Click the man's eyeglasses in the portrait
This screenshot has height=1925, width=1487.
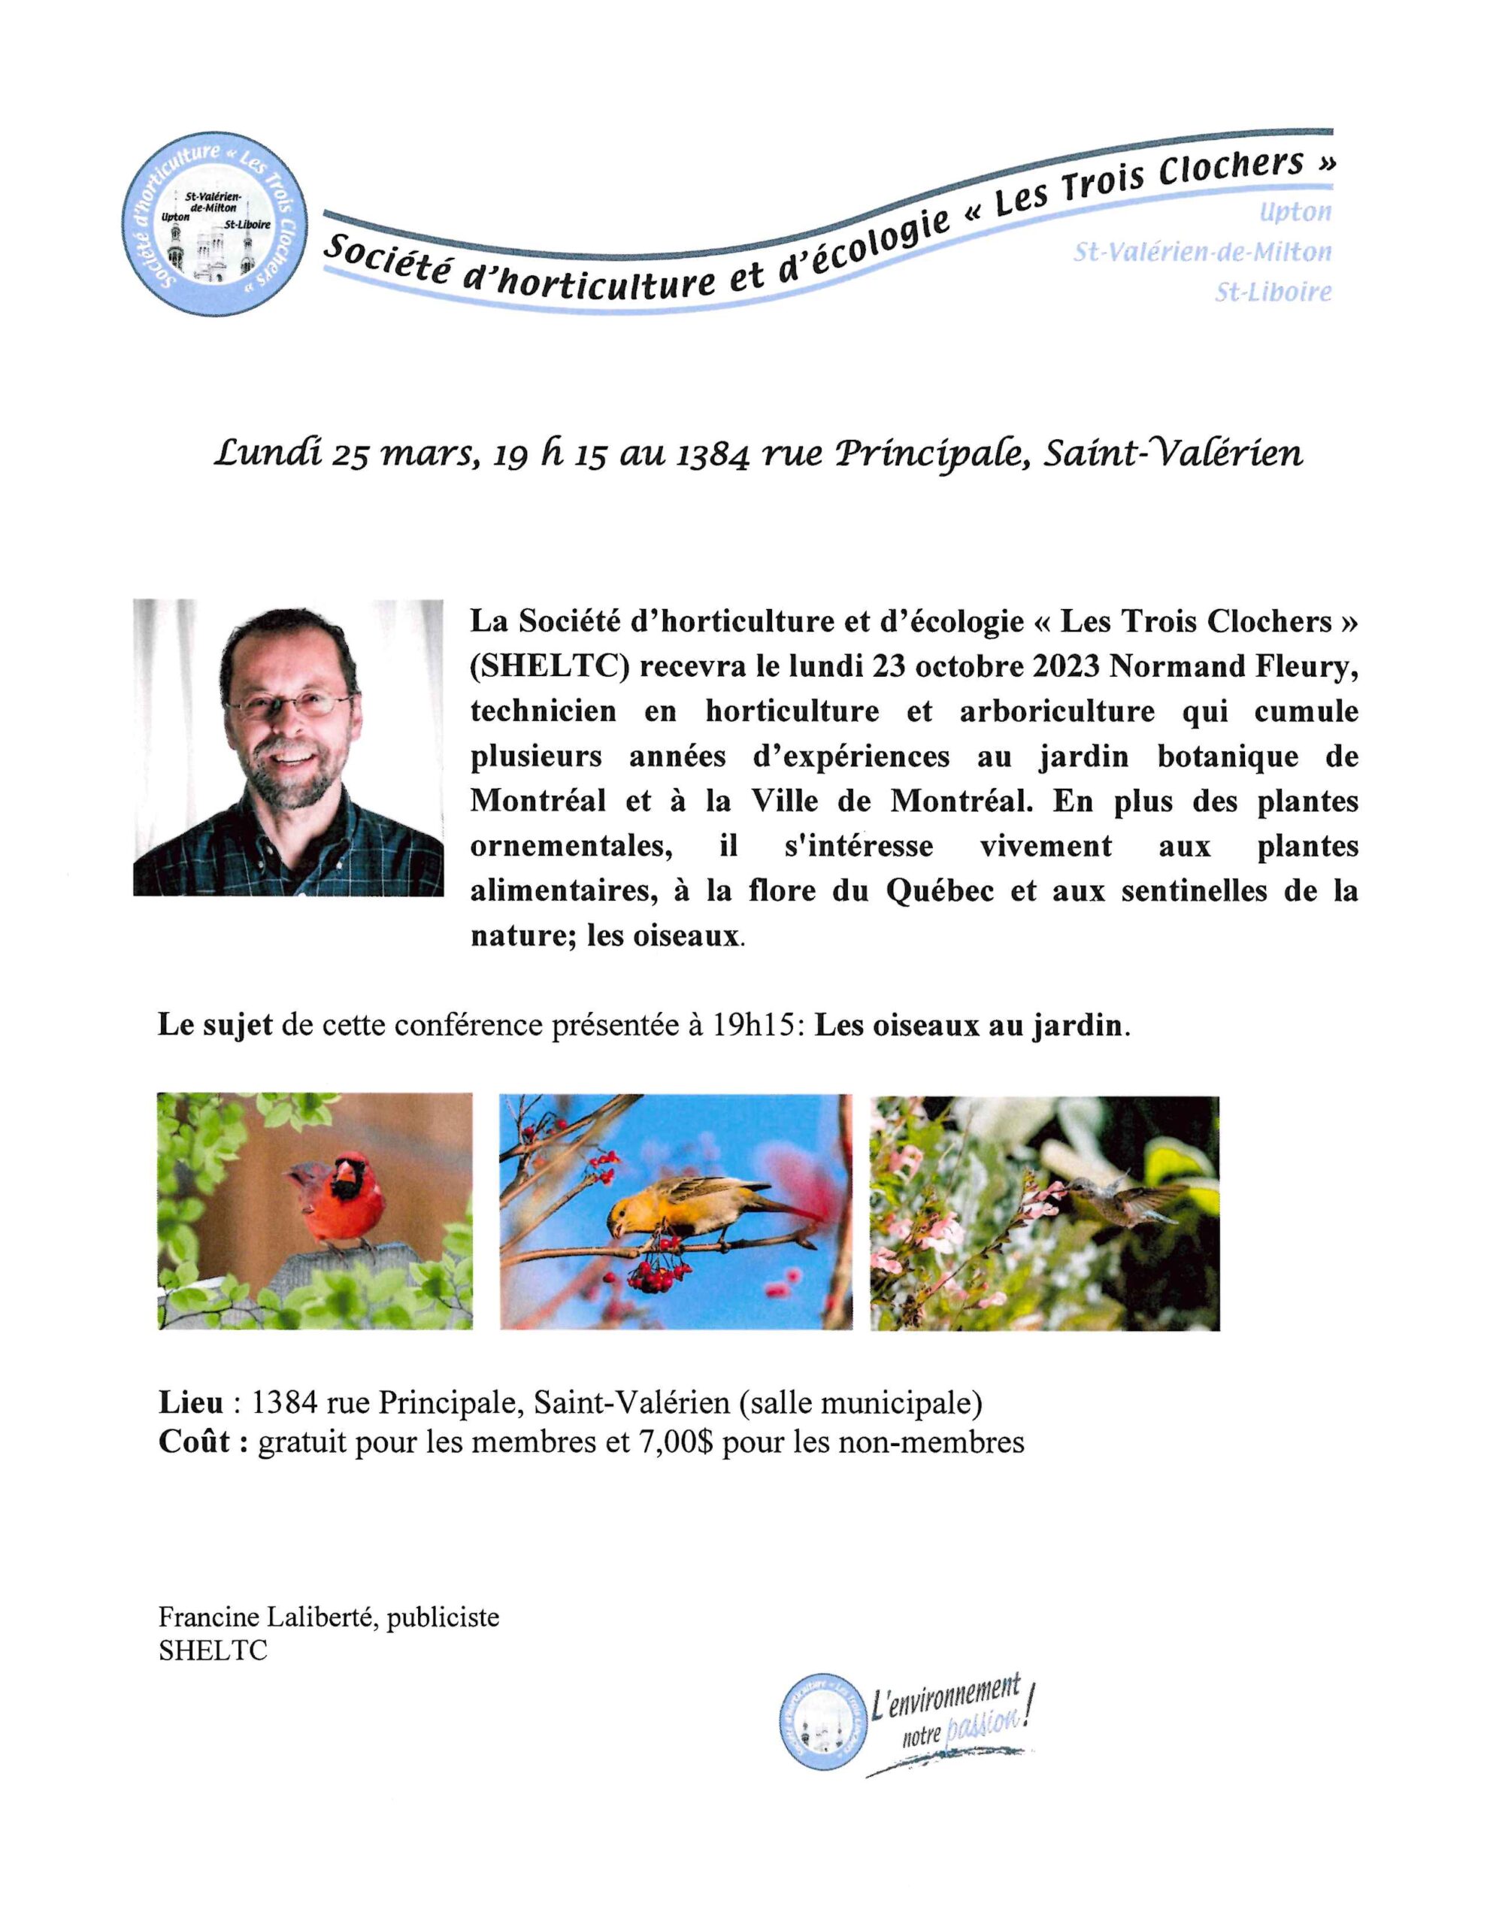point(290,702)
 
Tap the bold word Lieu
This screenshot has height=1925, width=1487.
point(190,1402)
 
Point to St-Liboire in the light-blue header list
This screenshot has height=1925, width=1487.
point(1273,292)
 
